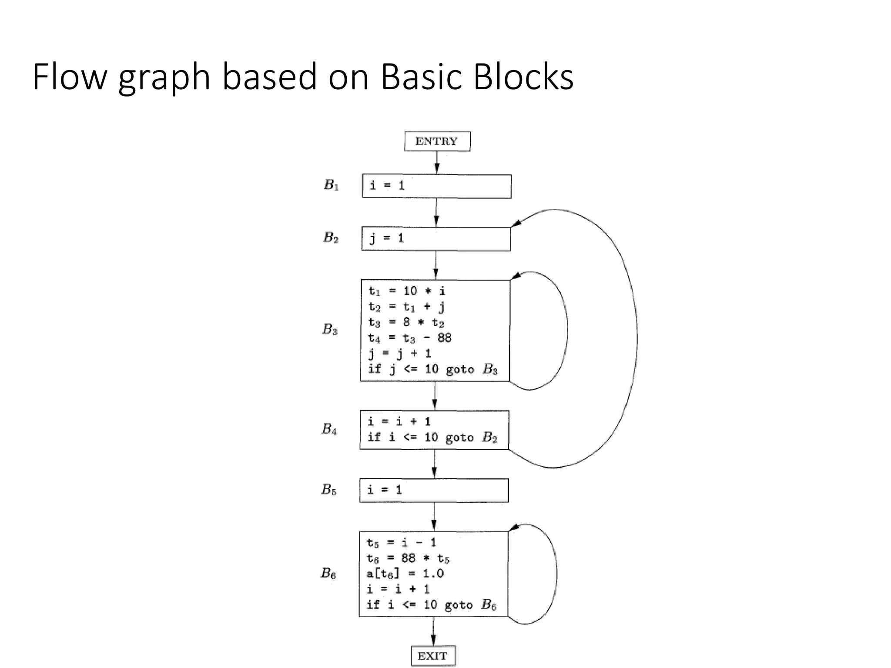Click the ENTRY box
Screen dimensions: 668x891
click(437, 141)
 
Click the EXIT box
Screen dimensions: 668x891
click(433, 656)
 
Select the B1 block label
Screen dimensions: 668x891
click(331, 185)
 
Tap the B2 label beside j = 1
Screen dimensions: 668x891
click(331, 237)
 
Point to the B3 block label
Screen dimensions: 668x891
click(330, 330)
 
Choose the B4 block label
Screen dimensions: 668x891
click(329, 429)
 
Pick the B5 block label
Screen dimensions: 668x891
click(328, 490)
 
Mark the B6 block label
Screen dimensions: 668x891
click(328, 573)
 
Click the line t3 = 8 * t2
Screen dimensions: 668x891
click(406, 323)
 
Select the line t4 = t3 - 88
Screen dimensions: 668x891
click(410, 338)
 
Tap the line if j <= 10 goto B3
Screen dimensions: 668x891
click(432, 369)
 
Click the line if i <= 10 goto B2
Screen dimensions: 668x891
click(432, 437)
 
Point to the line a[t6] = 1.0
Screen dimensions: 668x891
click(405, 574)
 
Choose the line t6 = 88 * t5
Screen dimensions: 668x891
click(408, 558)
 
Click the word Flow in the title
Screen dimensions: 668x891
click(70, 77)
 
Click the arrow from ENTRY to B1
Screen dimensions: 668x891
click(437, 163)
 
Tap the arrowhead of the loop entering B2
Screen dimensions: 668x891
click(516, 223)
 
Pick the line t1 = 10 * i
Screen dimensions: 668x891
click(407, 291)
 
